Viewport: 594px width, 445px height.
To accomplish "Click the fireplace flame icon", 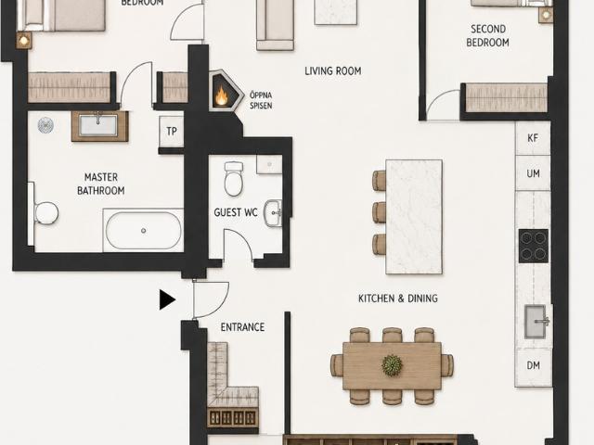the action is click(222, 95).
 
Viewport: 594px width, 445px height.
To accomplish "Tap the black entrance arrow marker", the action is click(167, 299).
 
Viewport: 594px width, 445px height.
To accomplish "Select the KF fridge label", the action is click(533, 138).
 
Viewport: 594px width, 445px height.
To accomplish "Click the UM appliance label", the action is click(533, 173).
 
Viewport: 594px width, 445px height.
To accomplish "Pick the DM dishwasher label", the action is click(534, 365).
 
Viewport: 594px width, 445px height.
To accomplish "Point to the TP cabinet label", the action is click(172, 132).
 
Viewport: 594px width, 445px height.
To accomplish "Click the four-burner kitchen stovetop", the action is click(534, 246).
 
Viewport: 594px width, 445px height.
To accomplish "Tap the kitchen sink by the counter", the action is click(536, 322).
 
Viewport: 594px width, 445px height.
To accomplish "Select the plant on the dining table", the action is click(392, 365).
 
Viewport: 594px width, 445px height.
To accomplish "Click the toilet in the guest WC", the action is click(233, 178).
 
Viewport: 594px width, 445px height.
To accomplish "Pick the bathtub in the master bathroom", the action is click(143, 230).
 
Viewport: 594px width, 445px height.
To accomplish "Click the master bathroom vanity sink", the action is click(98, 125).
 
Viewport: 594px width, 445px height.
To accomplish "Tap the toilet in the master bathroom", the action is click(45, 212).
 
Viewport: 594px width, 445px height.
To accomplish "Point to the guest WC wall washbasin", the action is click(273, 213).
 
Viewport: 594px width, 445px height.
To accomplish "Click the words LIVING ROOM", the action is click(333, 71).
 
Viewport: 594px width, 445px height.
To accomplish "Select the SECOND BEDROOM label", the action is click(488, 36).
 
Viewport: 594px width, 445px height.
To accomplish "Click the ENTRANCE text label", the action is click(242, 327).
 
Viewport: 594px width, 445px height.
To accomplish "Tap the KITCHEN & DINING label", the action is click(398, 299).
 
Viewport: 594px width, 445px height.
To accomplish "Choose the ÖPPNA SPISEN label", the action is click(261, 100).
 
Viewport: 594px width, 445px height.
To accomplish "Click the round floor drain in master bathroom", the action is click(45, 125).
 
